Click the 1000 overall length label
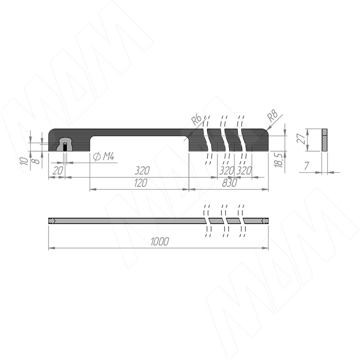[x=160, y=241]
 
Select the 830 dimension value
[x=229, y=183]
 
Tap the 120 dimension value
[x=140, y=183]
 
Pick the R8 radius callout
[x=273, y=116]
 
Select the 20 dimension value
[x=58, y=171]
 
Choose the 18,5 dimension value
[x=279, y=160]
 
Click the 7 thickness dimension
[x=307, y=166]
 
